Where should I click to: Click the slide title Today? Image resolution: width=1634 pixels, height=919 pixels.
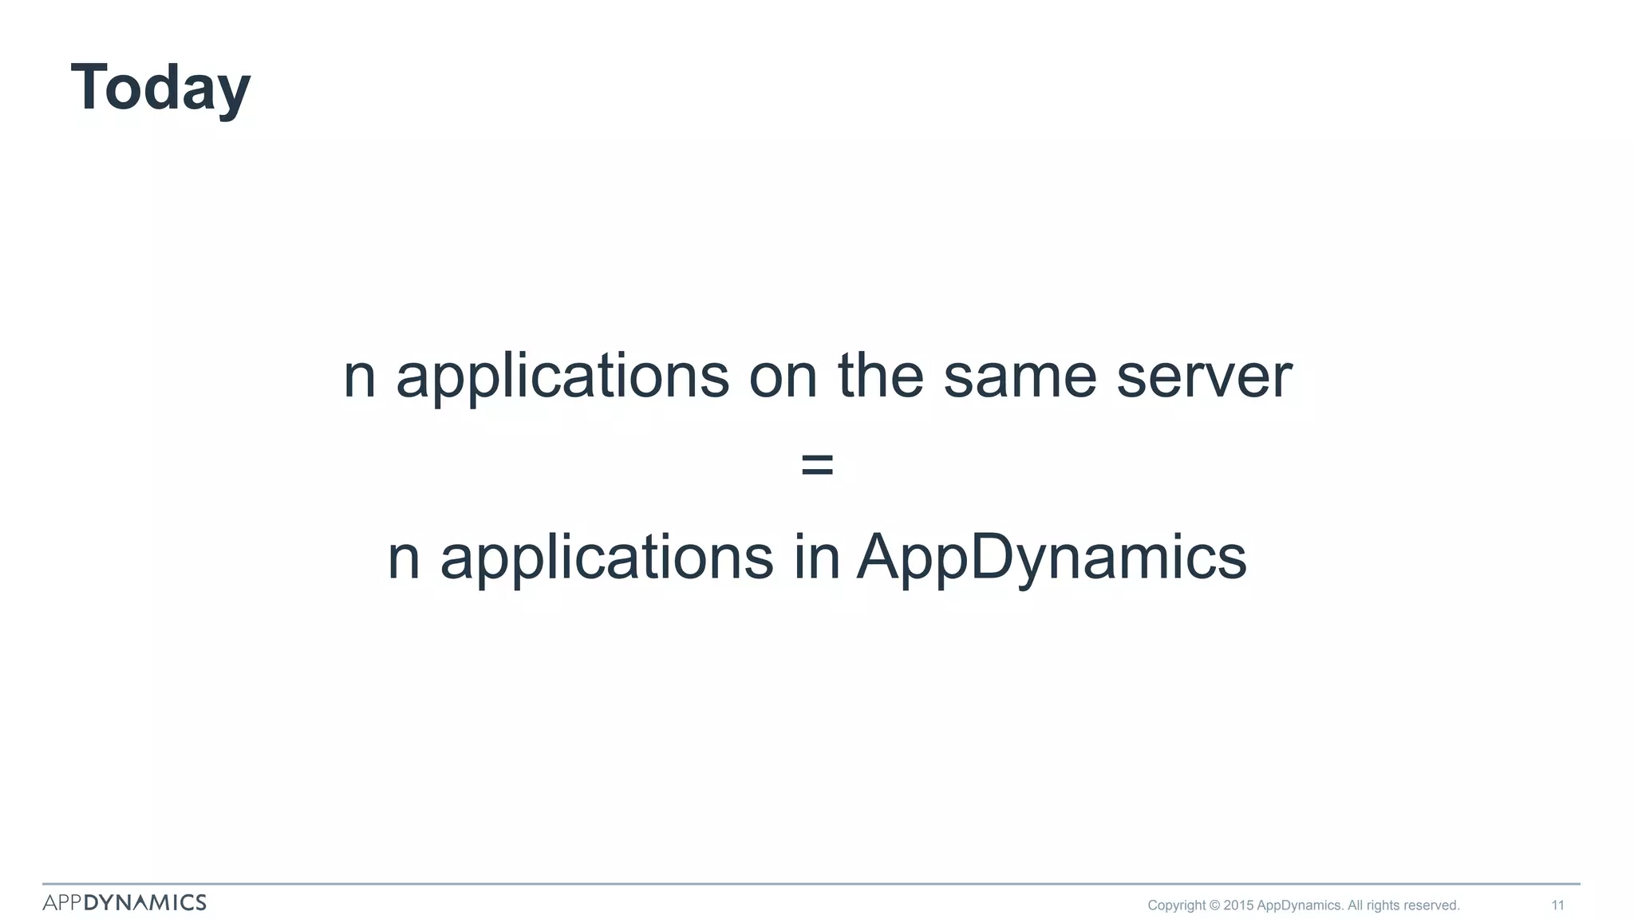click(160, 88)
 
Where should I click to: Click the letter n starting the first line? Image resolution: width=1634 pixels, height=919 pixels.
click(359, 377)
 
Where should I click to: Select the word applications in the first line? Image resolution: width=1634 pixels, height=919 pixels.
click(562, 377)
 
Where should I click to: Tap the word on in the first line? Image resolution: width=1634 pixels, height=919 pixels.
click(783, 377)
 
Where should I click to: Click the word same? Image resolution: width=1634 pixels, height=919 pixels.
click(1020, 377)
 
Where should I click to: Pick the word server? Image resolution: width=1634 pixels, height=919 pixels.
click(1203, 377)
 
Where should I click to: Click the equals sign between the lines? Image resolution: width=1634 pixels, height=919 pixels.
click(817, 464)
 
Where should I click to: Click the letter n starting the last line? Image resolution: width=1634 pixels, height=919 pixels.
click(403, 558)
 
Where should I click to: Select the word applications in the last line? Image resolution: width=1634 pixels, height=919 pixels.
click(606, 558)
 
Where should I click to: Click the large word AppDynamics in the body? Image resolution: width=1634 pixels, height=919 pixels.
click(1052, 558)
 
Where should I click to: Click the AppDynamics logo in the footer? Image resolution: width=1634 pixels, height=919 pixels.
click(124, 902)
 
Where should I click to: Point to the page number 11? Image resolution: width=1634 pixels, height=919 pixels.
click(1557, 905)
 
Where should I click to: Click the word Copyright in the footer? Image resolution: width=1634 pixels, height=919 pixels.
click(1176, 905)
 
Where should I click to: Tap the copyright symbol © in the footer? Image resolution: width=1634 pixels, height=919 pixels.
click(1214, 905)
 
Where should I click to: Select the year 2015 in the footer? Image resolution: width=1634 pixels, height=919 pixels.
click(1238, 905)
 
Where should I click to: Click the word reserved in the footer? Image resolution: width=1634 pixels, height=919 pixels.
click(1431, 905)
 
